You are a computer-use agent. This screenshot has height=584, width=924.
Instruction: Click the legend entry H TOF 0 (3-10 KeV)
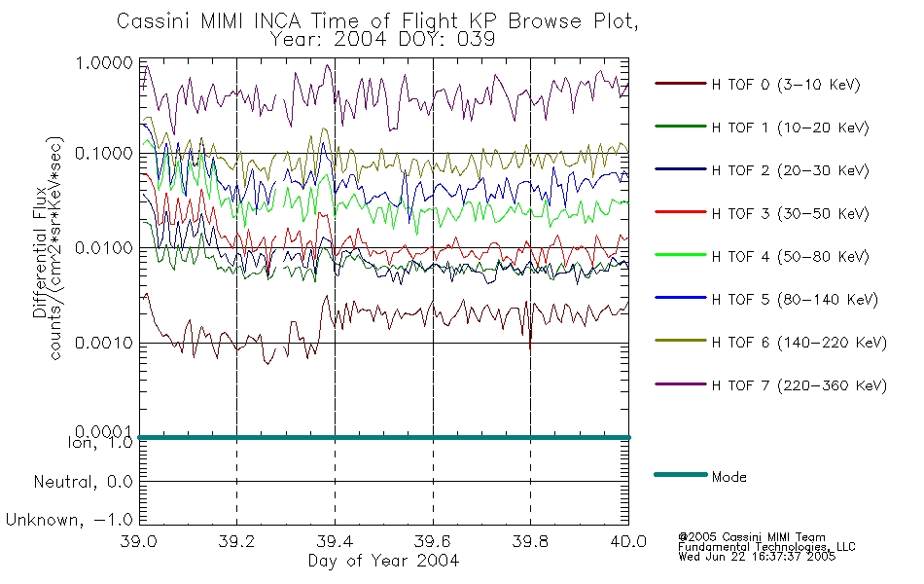786,85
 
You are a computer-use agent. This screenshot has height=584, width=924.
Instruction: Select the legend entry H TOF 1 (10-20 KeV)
790,128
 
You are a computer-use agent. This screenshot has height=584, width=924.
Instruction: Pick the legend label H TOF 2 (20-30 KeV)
790,170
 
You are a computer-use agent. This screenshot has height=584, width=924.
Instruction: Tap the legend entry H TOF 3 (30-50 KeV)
790,213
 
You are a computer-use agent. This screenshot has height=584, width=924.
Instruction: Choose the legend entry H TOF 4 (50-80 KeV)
790,257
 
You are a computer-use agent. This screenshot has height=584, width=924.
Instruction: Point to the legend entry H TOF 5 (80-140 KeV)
795,300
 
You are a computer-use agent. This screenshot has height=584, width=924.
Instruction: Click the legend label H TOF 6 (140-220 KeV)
800,343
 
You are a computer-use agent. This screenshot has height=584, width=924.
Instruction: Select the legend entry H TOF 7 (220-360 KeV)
800,385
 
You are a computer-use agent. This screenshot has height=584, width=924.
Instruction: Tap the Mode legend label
729,477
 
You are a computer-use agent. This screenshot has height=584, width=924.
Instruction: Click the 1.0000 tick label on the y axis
104,62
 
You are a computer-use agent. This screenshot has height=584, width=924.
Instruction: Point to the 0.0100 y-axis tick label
104,248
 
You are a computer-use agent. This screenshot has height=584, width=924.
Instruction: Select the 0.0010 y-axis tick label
104,343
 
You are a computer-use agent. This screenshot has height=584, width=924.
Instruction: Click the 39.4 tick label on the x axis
335,541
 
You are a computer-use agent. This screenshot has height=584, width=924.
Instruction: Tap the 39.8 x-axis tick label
530,541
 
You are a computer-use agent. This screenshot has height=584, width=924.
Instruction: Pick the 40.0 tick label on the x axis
628,541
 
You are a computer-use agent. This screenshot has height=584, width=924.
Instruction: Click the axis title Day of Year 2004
383,561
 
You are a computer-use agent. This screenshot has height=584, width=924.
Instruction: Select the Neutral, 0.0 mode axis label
84,483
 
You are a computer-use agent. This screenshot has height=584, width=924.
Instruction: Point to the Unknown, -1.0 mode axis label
69,521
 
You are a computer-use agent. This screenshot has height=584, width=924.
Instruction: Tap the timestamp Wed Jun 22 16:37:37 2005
757,557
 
